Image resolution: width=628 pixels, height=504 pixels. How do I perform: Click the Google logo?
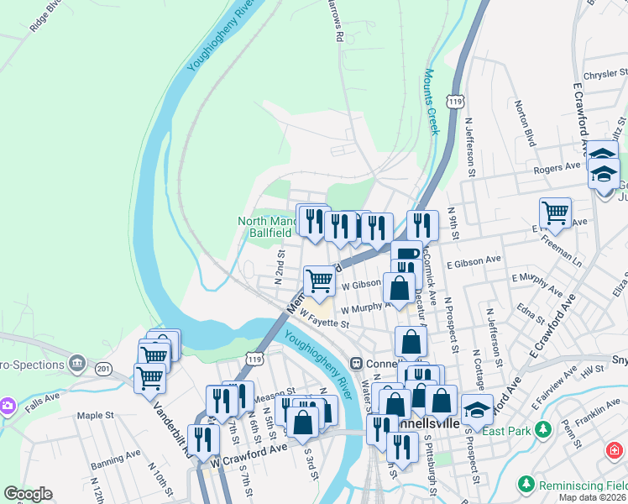tap(28, 494)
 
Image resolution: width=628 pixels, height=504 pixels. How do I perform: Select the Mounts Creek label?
tap(432, 102)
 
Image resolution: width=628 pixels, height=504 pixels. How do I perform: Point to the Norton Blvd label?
tap(525, 123)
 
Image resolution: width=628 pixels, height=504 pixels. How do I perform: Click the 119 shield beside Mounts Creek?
tap(456, 101)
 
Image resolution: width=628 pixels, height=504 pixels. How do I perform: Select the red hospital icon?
tap(614, 451)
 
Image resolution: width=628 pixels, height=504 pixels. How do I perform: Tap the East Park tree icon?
tap(542, 430)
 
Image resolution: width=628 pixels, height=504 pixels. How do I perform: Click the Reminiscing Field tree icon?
tap(526, 485)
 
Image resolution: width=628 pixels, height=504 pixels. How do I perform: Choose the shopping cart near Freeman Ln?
tap(555, 213)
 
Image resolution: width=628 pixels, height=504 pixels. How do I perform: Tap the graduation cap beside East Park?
tap(478, 410)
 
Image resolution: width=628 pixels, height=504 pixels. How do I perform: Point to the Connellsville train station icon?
tap(357, 363)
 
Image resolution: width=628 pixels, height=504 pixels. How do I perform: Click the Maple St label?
tap(95, 415)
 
